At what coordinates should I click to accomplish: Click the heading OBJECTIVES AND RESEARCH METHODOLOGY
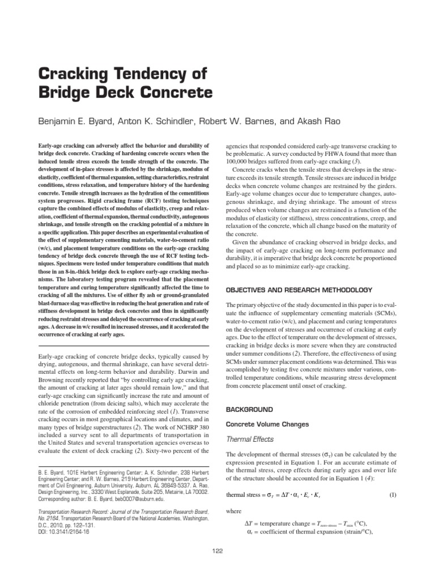point(299,289)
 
